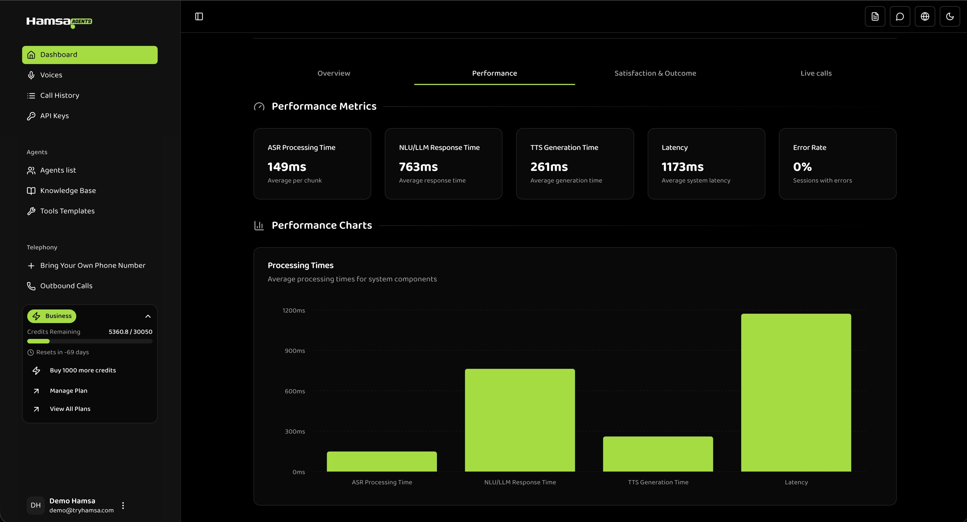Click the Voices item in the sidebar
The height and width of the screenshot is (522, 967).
[x=51, y=75]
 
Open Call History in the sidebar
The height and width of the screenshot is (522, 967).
[x=59, y=95]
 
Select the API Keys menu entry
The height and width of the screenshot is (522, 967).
[x=54, y=116]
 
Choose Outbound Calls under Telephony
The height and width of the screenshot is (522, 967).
[x=66, y=286]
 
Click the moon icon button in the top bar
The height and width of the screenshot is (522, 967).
[x=950, y=16]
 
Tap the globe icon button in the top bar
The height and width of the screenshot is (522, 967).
[x=924, y=16]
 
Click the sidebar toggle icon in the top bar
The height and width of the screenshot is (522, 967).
[x=199, y=16]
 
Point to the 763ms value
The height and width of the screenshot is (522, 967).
[x=418, y=167]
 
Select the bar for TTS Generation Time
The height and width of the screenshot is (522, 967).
[x=658, y=454]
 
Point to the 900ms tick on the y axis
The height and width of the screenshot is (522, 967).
[x=295, y=351]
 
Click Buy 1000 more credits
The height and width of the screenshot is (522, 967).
[x=83, y=370]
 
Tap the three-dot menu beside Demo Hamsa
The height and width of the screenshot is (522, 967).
[x=123, y=506]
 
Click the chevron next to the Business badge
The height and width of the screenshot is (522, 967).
[x=148, y=316]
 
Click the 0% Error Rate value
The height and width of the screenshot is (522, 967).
[x=802, y=167]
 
